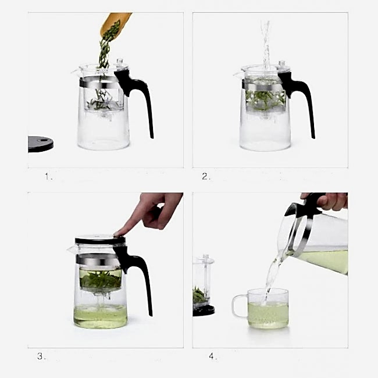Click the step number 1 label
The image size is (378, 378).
[x=48, y=177]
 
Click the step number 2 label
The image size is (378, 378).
[x=206, y=176]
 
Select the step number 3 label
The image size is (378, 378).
[x=41, y=356]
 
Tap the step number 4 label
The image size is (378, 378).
[x=212, y=356]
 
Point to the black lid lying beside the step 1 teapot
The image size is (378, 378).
[x=40, y=144]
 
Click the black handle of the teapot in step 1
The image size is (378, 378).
[x=138, y=97]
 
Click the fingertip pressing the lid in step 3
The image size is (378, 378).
[x=118, y=233]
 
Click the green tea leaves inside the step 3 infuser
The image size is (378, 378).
[x=101, y=280]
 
